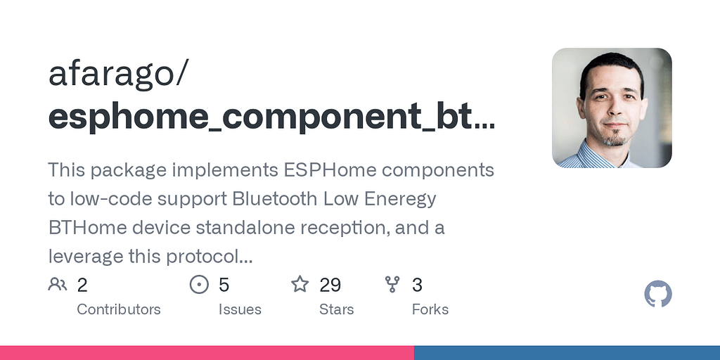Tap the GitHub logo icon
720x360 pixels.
658,294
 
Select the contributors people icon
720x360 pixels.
58,284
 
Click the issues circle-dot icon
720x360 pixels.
199,284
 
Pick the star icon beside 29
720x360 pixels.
300,284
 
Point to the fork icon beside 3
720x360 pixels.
392,284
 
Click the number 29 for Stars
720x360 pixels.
330,285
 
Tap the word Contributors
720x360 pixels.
118,309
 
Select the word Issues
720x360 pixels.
240,309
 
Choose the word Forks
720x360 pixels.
430,309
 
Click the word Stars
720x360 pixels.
337,309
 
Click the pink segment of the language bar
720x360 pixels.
207,353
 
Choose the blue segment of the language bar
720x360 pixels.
567,353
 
